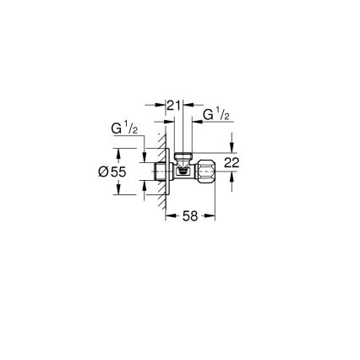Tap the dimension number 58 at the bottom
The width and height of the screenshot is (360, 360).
pyautogui.click(x=190, y=216)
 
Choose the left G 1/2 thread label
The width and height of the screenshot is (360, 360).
pyautogui.click(x=127, y=128)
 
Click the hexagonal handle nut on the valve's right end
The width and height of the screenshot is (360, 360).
pyautogui.click(x=207, y=170)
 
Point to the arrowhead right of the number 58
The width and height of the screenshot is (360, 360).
pyautogui.click(x=210, y=216)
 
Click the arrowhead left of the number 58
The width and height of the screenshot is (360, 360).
pyautogui.click(x=169, y=216)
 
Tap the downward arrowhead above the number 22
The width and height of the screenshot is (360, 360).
pyautogui.click(x=232, y=150)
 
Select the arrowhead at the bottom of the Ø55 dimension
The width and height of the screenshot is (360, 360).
pyautogui.click(x=119, y=191)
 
